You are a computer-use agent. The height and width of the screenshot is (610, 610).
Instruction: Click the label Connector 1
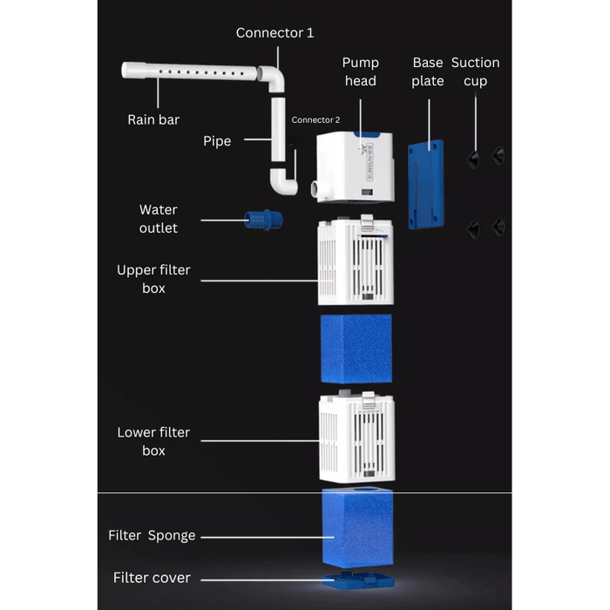coord(274,33)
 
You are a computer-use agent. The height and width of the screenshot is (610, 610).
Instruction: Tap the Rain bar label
coord(153,120)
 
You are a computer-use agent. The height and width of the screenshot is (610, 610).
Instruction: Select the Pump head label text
coord(360,71)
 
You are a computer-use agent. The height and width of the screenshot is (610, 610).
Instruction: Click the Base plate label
coord(428,71)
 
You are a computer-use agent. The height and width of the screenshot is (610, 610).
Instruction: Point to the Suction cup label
coord(475,71)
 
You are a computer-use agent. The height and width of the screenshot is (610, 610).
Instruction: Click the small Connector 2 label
coord(315,120)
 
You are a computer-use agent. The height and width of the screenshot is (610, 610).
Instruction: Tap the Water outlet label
coord(158,219)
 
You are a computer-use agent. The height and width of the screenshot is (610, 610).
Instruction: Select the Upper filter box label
coord(153,279)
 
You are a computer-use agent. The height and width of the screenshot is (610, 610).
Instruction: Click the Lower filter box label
coord(153,441)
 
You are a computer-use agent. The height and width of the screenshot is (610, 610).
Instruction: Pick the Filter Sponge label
coord(152,535)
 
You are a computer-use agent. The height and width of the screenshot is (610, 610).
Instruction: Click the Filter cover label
coord(152,578)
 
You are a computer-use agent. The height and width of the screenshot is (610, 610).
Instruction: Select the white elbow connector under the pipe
coord(283,182)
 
